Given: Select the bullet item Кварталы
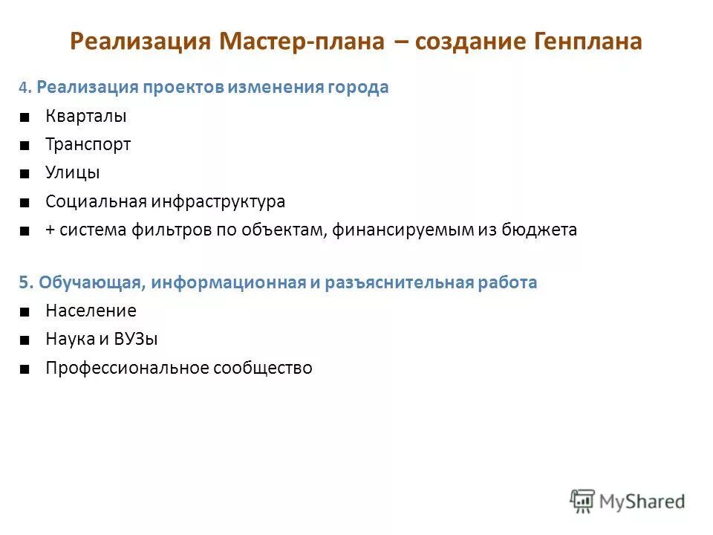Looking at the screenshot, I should tap(86, 117).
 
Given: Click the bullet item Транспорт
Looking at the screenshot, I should tap(88, 145).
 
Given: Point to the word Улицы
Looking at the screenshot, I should tap(73, 173).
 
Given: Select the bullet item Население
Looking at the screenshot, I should tap(91, 311).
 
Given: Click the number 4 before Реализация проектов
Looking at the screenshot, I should tap(24, 88).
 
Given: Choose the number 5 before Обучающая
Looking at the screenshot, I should tap(24, 283).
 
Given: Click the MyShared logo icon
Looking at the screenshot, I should tap(582, 501).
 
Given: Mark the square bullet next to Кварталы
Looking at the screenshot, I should tap(25, 117).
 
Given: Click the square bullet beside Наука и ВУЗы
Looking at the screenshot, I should tap(25, 340).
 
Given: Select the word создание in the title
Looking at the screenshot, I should tap(458, 42).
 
